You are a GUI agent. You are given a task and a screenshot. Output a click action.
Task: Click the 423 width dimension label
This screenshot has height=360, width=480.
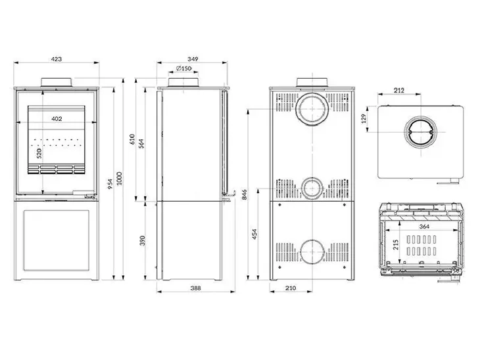pos(57,58)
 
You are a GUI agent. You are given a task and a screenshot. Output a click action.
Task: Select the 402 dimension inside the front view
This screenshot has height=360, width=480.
pos(57,119)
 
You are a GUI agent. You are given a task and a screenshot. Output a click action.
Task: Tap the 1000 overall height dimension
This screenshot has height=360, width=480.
pos(120,178)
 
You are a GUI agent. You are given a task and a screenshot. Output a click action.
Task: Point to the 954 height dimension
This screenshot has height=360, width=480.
pos(110,183)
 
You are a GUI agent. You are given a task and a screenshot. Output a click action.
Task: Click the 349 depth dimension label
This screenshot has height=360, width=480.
pos(193,58)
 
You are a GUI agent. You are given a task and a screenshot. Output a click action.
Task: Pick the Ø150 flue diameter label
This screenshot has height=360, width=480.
pos(183,68)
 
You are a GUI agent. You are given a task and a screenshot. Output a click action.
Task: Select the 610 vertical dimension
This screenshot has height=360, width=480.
pos(132,139)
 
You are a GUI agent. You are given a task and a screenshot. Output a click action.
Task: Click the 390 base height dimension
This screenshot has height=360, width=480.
pos(142,241)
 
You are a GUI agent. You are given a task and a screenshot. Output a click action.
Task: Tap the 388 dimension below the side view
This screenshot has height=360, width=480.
pos(195,288)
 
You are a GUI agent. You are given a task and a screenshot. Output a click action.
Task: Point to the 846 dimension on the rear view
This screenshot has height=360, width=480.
pos(245,194)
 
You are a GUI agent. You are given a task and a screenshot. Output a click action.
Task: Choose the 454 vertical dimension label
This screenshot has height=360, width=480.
pos(254,234)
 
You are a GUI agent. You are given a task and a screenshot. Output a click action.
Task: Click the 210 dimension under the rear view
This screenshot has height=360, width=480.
pos(291,288)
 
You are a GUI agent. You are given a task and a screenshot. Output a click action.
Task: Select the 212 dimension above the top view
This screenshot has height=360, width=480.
pos(399,90)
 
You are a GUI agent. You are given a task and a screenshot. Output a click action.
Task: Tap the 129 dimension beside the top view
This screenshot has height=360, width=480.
pos(364,119)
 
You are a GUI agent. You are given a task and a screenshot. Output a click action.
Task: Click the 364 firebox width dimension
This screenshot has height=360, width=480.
pos(424,227)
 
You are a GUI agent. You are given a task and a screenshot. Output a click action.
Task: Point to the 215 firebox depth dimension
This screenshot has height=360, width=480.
pos(396,244)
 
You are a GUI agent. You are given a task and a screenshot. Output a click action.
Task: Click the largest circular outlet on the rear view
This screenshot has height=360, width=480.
pos(312,109)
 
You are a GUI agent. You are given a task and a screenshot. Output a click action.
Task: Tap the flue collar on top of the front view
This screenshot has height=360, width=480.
pos(57,82)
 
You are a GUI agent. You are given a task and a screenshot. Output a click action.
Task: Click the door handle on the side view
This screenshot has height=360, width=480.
pos(229,196)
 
